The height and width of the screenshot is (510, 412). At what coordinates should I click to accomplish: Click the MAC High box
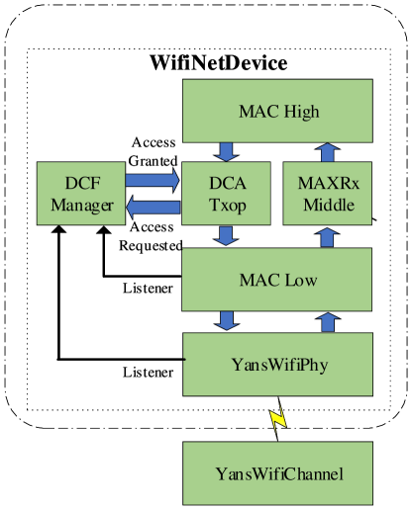(278, 111)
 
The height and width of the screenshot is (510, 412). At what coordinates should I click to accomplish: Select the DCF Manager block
(82, 194)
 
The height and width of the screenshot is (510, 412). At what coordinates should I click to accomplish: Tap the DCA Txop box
(228, 194)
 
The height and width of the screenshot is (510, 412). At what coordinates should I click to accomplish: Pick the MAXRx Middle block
(328, 194)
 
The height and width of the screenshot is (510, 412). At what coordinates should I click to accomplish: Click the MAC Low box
(278, 280)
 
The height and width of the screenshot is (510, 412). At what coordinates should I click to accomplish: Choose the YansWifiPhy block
(278, 365)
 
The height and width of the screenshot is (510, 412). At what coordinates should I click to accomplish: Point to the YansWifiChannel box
(278, 473)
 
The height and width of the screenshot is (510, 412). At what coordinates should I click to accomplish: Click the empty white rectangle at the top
(217, 61)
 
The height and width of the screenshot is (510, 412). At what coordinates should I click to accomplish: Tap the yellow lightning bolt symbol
(278, 418)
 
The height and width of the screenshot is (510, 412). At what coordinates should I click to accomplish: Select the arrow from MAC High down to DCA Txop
(227, 152)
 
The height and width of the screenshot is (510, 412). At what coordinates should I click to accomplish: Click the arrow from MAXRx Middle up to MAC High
(328, 152)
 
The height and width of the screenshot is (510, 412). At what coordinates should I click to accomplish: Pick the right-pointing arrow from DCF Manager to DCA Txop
(153, 181)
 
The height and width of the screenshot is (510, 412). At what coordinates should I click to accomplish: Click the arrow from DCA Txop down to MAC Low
(227, 236)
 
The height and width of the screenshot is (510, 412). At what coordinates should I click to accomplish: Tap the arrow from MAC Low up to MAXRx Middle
(328, 237)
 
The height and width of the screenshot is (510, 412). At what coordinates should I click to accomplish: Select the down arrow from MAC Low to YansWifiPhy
(227, 321)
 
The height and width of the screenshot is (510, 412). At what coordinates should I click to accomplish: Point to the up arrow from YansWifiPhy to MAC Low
(328, 321)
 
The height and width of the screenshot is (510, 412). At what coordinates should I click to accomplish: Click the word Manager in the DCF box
(82, 206)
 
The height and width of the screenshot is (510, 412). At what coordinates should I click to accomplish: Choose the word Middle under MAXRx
(328, 206)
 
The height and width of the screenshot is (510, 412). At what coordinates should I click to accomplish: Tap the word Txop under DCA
(228, 206)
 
